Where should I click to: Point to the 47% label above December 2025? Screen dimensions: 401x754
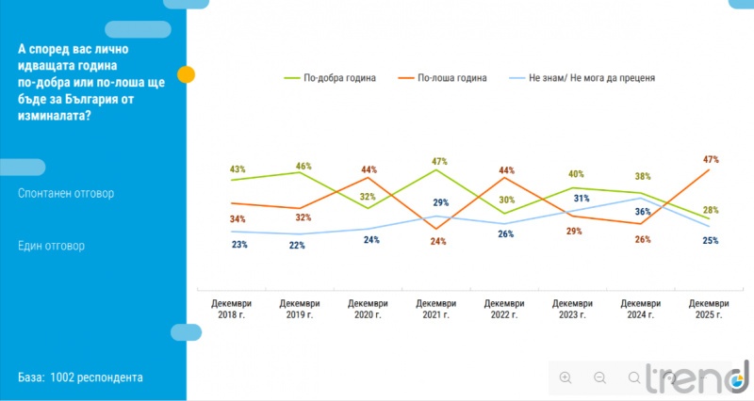click(711, 160)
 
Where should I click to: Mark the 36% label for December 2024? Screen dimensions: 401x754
click(643, 212)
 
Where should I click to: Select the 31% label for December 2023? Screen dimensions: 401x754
click(582, 199)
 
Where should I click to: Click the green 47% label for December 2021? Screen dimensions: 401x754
click(438, 161)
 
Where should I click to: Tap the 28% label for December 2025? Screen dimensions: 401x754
click(710, 210)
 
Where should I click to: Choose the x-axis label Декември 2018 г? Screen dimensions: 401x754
click(232, 309)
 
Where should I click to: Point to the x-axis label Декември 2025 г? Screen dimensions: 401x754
click(709, 309)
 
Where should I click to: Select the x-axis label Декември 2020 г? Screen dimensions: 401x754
click(369, 309)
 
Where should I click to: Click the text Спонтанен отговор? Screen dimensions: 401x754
click(66, 194)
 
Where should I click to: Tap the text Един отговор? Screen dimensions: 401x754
click(51, 246)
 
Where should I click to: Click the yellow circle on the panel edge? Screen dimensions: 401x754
click(187, 74)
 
